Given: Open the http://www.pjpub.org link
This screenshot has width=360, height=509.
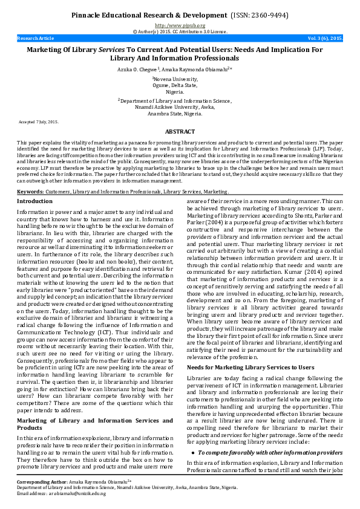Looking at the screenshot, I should (x=180, y=25).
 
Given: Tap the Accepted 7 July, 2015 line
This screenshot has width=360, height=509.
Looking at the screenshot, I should (x=39, y=122).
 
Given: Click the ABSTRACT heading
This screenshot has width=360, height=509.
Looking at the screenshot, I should (x=180, y=131).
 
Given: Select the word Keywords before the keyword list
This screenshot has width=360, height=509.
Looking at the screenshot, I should (x=31, y=191).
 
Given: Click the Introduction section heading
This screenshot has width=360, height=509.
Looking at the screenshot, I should (x=34, y=201).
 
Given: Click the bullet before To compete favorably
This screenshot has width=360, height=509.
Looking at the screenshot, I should (x=192, y=452).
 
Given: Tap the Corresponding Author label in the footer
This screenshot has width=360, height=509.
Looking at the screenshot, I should (x=42, y=482).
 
